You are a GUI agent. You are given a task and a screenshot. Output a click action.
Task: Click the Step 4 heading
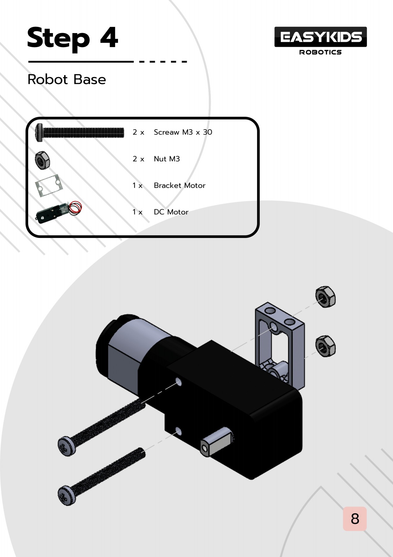click(72, 38)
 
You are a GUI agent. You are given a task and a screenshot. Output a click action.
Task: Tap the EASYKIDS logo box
click(320, 37)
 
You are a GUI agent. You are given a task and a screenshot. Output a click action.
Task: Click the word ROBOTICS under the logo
click(320, 52)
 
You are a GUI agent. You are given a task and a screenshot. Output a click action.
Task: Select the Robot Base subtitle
click(67, 80)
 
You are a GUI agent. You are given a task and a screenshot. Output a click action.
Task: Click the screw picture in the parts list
click(80, 132)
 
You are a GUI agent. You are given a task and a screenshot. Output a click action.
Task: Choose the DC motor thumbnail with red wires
click(58, 212)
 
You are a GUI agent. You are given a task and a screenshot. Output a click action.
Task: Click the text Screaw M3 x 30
click(183, 132)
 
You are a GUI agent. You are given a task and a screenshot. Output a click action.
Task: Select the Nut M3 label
click(167, 159)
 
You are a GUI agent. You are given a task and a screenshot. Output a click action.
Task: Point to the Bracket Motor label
click(179, 185)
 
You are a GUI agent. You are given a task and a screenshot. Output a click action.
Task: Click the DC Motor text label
click(171, 212)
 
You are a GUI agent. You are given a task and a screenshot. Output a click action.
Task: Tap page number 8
click(355, 519)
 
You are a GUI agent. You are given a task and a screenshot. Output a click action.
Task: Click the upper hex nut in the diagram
click(325, 297)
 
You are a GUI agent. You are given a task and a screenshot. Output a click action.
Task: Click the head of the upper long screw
click(67, 446)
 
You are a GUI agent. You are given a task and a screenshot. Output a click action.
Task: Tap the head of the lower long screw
click(67, 495)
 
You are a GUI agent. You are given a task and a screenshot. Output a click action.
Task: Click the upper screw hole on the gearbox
click(179, 381)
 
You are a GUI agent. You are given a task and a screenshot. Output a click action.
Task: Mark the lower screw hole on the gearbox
click(178, 430)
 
